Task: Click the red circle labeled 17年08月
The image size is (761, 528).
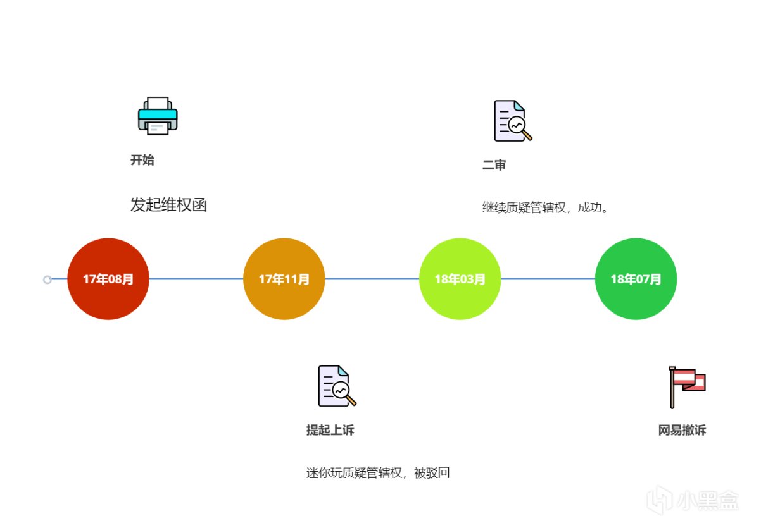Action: click(x=108, y=279)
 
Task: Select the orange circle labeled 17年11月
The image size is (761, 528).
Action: click(x=284, y=279)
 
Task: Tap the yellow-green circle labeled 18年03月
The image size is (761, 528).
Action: click(x=460, y=279)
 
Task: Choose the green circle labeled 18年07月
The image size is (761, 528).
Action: click(x=636, y=279)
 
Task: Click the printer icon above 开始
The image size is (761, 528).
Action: click(x=158, y=116)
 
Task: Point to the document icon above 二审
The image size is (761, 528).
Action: click(x=512, y=121)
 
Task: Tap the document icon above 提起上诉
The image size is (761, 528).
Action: click(x=336, y=386)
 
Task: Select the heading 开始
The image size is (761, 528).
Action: click(x=142, y=160)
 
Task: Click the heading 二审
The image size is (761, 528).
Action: click(x=494, y=166)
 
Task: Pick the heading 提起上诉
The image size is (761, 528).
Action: click(x=330, y=431)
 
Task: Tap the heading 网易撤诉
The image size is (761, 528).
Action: click(x=682, y=431)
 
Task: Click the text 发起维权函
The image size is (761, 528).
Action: click(x=169, y=205)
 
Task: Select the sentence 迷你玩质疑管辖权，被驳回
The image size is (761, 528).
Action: click(x=378, y=473)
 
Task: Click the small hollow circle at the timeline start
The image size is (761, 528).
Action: click(x=47, y=279)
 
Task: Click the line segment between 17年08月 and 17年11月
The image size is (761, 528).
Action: click(x=196, y=279)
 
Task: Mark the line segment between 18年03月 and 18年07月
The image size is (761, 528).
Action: click(x=548, y=279)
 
